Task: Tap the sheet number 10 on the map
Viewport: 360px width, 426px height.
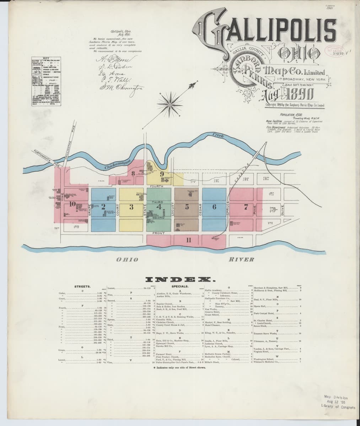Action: point(72,204)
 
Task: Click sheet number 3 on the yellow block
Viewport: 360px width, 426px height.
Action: point(131,207)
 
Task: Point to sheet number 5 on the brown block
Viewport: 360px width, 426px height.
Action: point(187,207)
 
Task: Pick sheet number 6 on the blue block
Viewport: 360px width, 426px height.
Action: point(214,207)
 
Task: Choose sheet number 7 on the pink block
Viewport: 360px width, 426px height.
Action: point(246,207)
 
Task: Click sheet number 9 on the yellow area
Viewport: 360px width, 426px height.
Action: point(162,174)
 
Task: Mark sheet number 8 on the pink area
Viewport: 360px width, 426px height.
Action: point(133,173)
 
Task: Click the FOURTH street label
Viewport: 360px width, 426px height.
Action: point(157,186)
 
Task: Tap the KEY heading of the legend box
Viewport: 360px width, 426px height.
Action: point(45,58)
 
